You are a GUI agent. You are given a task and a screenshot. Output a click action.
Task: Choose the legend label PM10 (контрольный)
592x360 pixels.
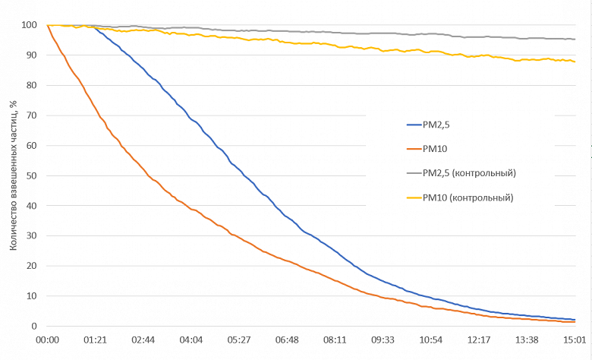point(468,197)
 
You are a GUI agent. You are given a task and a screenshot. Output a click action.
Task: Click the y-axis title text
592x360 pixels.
point(13,175)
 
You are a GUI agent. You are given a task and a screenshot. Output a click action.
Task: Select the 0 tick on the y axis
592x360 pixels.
point(34,326)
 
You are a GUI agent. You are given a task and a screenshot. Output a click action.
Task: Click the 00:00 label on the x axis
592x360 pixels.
point(48,340)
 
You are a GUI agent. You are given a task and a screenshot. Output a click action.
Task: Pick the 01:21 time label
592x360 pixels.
point(96,340)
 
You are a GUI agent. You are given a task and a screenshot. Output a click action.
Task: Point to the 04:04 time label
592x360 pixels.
point(191,340)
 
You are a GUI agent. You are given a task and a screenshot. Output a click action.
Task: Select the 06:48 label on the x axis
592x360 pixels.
point(287,340)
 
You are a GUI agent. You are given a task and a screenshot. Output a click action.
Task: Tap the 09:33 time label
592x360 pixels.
point(383,340)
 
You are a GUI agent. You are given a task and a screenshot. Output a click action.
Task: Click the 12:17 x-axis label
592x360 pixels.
point(479,340)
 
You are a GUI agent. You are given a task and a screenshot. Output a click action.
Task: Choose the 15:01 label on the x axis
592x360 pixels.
point(575,340)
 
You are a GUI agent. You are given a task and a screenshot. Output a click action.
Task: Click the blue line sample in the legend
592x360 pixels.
point(414,125)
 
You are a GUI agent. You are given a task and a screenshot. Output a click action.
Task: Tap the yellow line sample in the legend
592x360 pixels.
point(414,197)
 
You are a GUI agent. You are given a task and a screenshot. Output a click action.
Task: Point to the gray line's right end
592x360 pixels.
point(575,39)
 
